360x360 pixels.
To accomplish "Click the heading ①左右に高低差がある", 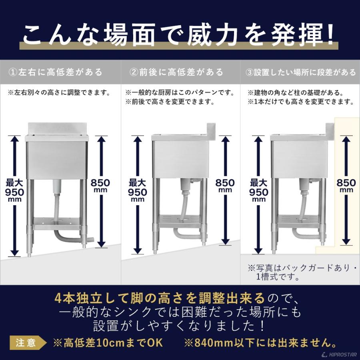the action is point(55,72).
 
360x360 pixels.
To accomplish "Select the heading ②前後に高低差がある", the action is point(176,72).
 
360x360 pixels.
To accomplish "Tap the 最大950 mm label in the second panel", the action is point(137,190).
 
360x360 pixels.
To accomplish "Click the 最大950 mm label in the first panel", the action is point(14,190).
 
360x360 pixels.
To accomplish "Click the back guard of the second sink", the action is point(211,132).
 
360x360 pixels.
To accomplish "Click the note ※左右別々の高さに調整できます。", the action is point(59,93).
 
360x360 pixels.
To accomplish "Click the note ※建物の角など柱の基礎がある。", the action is point(296,93).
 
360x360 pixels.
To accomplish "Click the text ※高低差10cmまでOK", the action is point(108,343).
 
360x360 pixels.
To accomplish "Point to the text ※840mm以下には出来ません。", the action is point(260,343).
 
